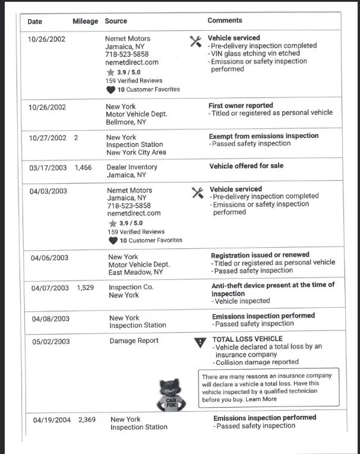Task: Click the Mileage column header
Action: pos(85,21)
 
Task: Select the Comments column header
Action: pos(225,21)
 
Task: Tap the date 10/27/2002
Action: pos(48,138)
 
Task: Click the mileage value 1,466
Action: pos(83,168)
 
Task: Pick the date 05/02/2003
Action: pos(50,342)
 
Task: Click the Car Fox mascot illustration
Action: pos(171,394)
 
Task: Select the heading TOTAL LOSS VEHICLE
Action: pos(247,339)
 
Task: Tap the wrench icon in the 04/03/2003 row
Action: pos(198,193)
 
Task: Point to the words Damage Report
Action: pos(134,341)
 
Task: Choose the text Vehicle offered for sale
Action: pos(246,166)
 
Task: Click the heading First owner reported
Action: pos(241,106)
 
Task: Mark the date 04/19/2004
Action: pos(52,420)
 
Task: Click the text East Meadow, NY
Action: pos(135,272)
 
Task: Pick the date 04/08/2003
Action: pos(50,319)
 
